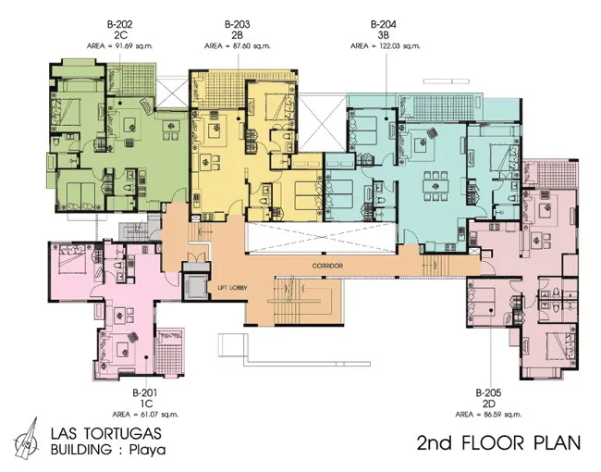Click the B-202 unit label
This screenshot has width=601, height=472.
[120, 25]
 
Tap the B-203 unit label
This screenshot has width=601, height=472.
[238, 25]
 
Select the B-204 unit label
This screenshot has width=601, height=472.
[384, 25]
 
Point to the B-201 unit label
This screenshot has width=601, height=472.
[145, 393]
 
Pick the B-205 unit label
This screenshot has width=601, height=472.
[488, 393]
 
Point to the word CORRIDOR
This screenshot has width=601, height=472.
[327, 266]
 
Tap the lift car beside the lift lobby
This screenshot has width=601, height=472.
[196, 286]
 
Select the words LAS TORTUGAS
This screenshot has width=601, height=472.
[106, 433]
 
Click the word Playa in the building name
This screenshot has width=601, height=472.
[148, 450]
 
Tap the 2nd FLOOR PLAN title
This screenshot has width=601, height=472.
[498, 442]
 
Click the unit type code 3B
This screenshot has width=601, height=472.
[384, 35]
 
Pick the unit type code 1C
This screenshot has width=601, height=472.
[146, 404]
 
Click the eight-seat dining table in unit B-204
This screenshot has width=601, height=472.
[435, 186]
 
